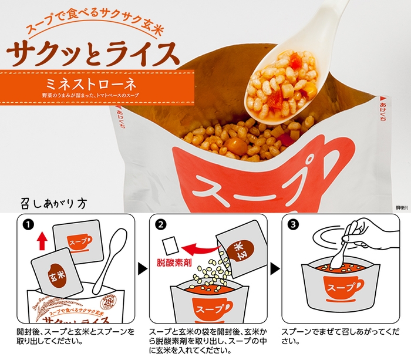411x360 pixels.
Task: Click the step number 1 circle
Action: click(x=27, y=224)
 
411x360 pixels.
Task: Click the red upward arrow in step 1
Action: click(x=41, y=239)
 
